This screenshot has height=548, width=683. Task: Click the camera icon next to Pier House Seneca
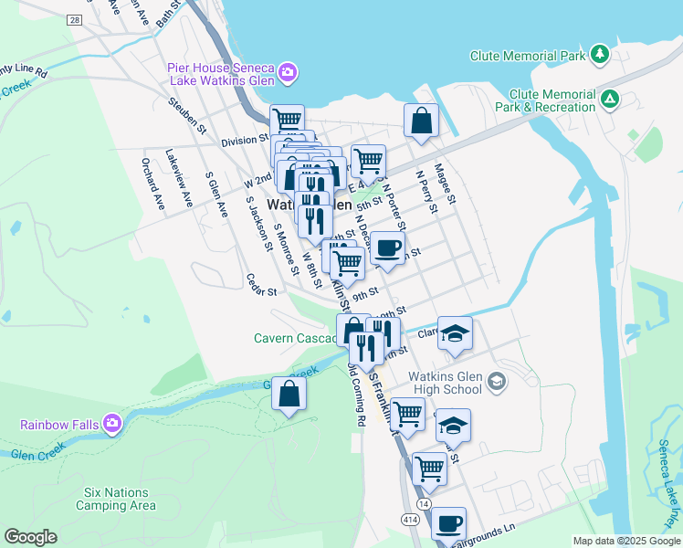pyautogui.click(x=288, y=71)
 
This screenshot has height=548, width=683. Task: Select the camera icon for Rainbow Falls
pyautogui.click(x=111, y=423)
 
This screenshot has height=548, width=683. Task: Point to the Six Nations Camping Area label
pyautogui.click(x=115, y=498)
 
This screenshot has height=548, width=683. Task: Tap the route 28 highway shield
pyautogui.click(x=74, y=19)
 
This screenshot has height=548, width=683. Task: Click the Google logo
pyautogui.click(x=30, y=537)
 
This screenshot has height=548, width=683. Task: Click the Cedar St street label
pyautogui.click(x=261, y=285)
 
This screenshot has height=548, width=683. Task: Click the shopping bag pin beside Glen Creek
pyautogui.click(x=289, y=395)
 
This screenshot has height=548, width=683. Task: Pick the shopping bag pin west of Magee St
pyautogui.click(x=421, y=121)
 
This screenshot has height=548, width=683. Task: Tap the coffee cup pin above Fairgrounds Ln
pyautogui.click(x=448, y=523)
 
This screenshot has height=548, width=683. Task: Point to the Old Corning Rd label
pyautogui.click(x=357, y=395)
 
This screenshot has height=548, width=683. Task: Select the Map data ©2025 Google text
pyautogui.click(x=625, y=541)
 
